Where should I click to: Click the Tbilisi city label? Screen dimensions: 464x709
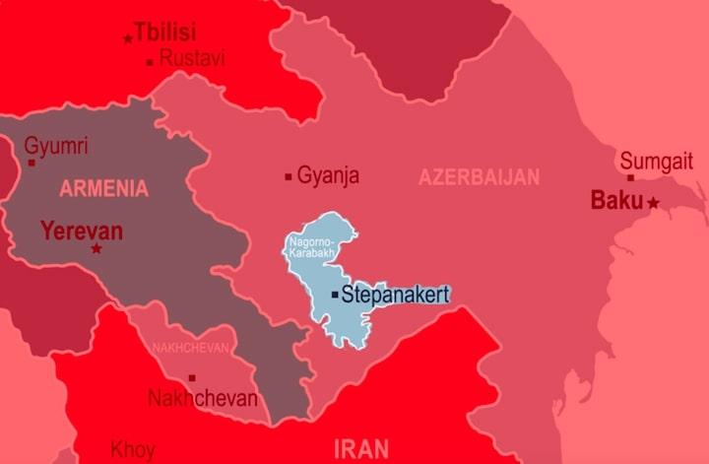click(164, 32)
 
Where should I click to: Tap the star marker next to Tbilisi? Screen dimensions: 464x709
click(128, 38)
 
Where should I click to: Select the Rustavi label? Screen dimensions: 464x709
click(192, 59)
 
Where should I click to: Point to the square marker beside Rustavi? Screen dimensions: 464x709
click(150, 62)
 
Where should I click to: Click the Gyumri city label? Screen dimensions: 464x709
click(56, 147)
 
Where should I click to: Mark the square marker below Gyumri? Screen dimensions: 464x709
click(32, 163)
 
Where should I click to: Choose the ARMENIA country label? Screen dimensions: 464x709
click(103, 187)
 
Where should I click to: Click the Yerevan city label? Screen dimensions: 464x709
click(82, 232)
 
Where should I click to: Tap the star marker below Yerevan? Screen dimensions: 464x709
click(97, 249)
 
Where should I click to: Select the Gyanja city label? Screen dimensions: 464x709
click(328, 176)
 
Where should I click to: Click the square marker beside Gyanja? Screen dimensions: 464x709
click(289, 177)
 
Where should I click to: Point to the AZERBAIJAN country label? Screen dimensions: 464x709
click(479, 177)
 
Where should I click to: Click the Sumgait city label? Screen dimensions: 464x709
click(656, 161)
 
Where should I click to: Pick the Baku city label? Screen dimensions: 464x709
click(616, 200)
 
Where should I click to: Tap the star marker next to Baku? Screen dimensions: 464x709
click(653, 202)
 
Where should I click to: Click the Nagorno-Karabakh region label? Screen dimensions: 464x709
click(311, 247)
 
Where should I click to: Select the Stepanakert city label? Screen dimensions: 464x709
click(395, 294)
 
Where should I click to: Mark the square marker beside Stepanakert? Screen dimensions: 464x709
click(335, 295)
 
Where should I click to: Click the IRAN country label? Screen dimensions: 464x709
click(361, 449)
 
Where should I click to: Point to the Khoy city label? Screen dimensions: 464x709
click(132, 450)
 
